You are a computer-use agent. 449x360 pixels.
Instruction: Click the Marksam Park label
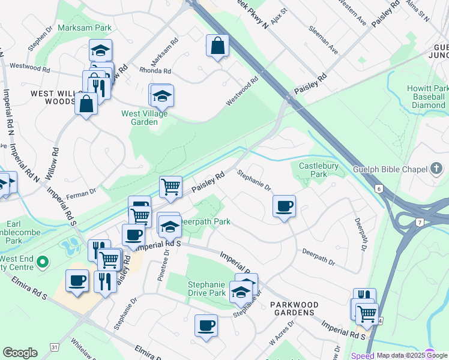[85, 28]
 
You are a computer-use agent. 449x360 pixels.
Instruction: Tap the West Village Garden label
[145, 118]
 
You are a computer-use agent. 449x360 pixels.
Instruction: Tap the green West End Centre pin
[42, 262]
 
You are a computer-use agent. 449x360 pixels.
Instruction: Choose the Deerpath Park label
[205, 221]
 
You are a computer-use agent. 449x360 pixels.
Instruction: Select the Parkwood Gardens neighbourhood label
[292, 308]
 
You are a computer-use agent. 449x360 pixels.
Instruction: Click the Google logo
[20, 353]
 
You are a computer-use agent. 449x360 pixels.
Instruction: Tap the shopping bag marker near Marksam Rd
[217, 46]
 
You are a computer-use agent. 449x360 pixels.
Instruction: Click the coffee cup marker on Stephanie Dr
[284, 206]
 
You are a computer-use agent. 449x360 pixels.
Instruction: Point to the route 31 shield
[55, 347]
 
